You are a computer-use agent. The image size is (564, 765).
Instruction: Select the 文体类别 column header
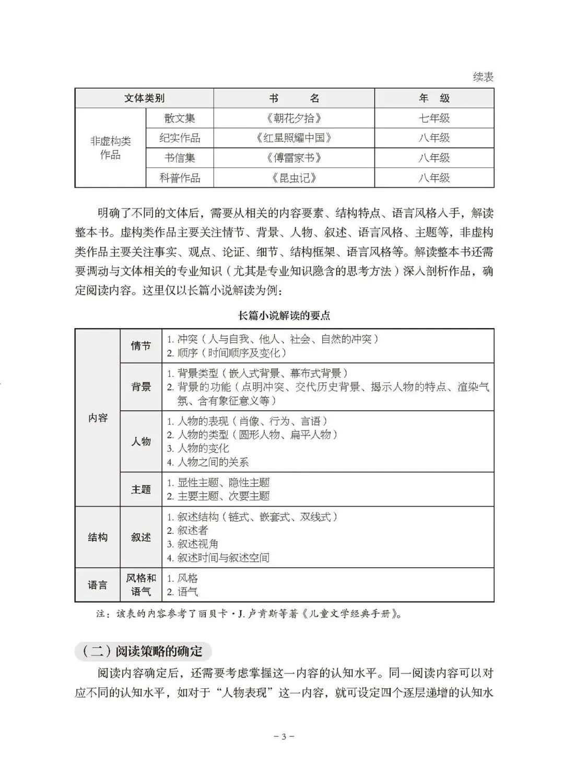144,98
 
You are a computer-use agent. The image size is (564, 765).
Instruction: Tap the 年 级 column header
434,98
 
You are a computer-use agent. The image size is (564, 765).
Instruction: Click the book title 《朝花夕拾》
294,118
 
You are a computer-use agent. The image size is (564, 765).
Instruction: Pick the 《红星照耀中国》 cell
294,138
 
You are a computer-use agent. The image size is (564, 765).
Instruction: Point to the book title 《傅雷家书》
294,158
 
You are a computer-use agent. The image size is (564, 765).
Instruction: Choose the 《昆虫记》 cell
294,177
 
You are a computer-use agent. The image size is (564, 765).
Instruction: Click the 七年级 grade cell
434,118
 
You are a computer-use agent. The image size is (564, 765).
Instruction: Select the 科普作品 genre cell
180,177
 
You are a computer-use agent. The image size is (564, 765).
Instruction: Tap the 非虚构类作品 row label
110,148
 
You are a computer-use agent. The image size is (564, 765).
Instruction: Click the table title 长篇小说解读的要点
284,315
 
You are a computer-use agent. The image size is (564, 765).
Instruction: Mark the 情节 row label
141,346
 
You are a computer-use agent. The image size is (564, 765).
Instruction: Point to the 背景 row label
141,387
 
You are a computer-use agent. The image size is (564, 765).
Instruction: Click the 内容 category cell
98,417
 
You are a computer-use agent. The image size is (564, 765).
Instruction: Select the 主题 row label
141,489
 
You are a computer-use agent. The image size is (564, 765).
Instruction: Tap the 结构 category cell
98,537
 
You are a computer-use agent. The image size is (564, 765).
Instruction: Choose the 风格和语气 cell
141,585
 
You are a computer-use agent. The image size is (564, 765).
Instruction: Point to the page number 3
284,737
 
